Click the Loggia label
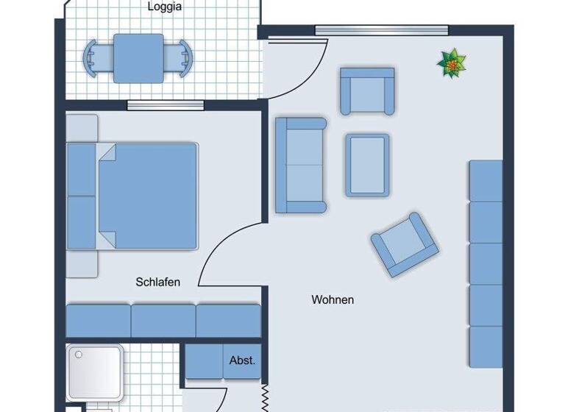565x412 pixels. click(x=165, y=7)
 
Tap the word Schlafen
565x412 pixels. click(x=158, y=282)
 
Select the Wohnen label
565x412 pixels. click(x=333, y=299)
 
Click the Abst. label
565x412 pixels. click(x=242, y=360)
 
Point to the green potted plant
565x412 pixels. click(x=452, y=64)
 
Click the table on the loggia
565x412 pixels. click(x=138, y=59)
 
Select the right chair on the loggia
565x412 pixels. click(x=182, y=58)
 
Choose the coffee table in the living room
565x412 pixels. click(x=367, y=165)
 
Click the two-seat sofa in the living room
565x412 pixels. click(x=300, y=165)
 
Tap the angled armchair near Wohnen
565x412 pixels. click(x=405, y=244)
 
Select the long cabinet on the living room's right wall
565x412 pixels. click(x=486, y=263)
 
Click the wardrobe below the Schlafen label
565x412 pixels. click(x=163, y=321)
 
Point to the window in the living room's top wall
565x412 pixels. click(x=381, y=30)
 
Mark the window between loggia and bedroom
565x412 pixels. click(x=165, y=105)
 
